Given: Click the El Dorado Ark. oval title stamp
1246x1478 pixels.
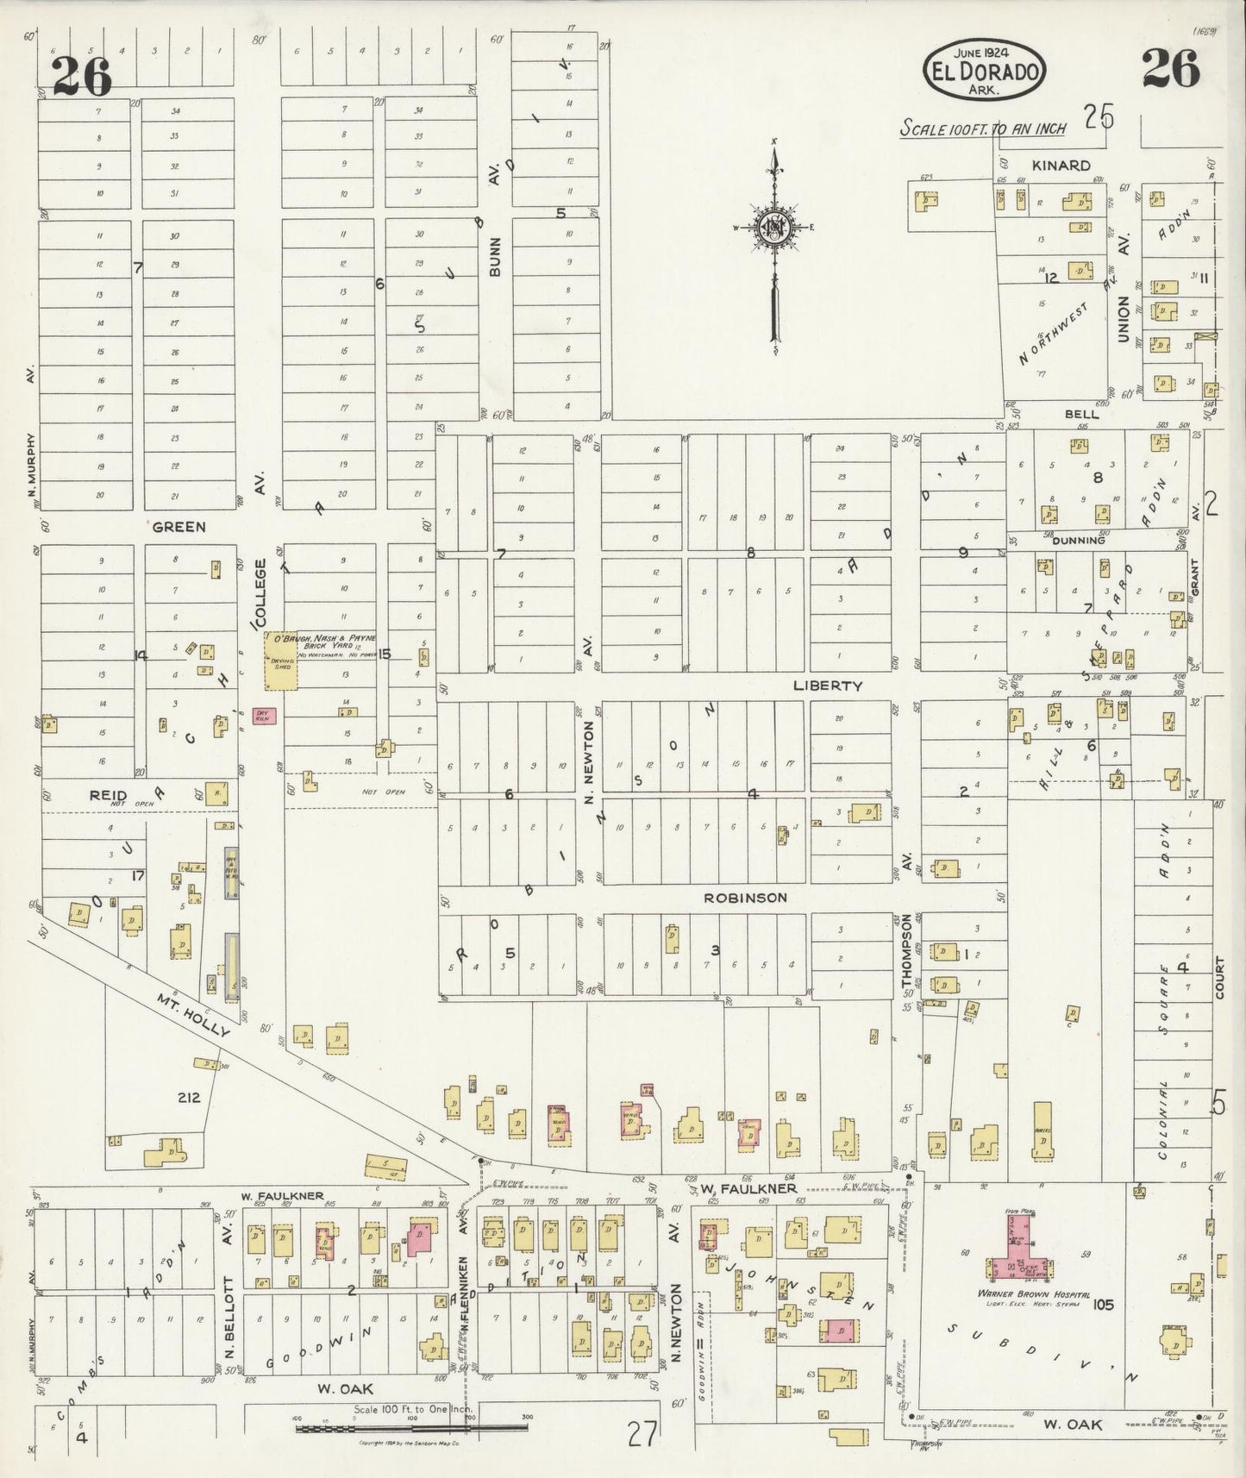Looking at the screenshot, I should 984,69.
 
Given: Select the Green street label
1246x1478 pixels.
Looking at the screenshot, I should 178,526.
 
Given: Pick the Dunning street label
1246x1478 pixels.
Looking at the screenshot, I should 1079,541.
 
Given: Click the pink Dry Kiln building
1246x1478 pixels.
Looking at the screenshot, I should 264,715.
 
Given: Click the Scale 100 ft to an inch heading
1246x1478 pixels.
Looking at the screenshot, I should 983,128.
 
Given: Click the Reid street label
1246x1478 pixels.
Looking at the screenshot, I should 109,795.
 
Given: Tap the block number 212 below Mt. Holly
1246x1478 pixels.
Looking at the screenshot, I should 188,1098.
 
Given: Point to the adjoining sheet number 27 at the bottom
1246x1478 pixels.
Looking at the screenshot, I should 642,1436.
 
